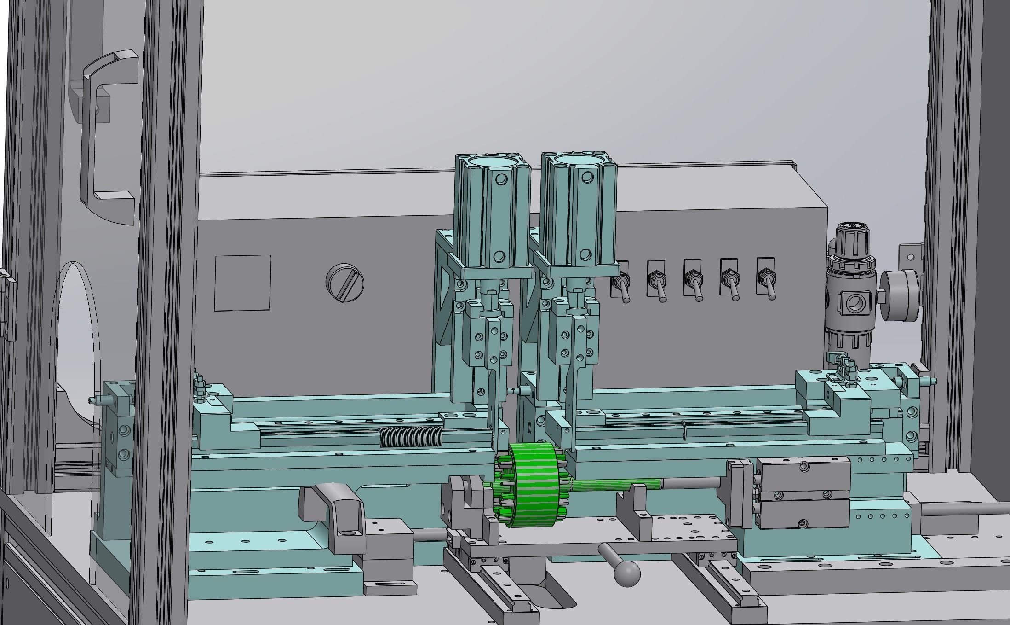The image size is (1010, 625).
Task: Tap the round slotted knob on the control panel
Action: pos(344,282)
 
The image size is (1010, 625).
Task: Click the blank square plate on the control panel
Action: pos(243,283)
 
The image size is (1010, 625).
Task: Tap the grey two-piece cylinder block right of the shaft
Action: pos(803,493)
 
